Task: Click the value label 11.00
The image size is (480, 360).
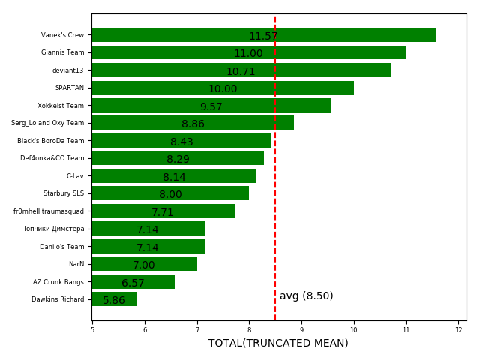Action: click(x=248, y=54)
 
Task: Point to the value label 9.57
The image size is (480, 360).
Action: click(x=211, y=107)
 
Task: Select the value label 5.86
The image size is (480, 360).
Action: click(x=114, y=301)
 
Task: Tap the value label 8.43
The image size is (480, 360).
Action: click(x=181, y=142)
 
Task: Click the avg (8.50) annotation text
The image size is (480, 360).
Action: click(x=306, y=296)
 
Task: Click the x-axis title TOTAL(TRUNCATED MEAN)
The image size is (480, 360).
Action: click(x=278, y=343)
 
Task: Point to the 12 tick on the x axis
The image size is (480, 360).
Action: click(x=459, y=328)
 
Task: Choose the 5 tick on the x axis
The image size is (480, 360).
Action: click(x=92, y=328)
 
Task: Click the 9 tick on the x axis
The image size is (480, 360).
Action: click(x=301, y=328)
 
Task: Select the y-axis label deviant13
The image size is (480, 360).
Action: click(x=67, y=70)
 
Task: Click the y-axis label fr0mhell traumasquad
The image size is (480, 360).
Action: click(x=49, y=211)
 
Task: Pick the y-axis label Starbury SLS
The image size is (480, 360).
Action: click(x=64, y=193)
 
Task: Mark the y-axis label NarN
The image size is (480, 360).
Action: click(x=76, y=264)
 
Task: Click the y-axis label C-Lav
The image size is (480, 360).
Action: click(x=75, y=176)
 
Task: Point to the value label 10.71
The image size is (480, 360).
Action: click(x=241, y=72)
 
